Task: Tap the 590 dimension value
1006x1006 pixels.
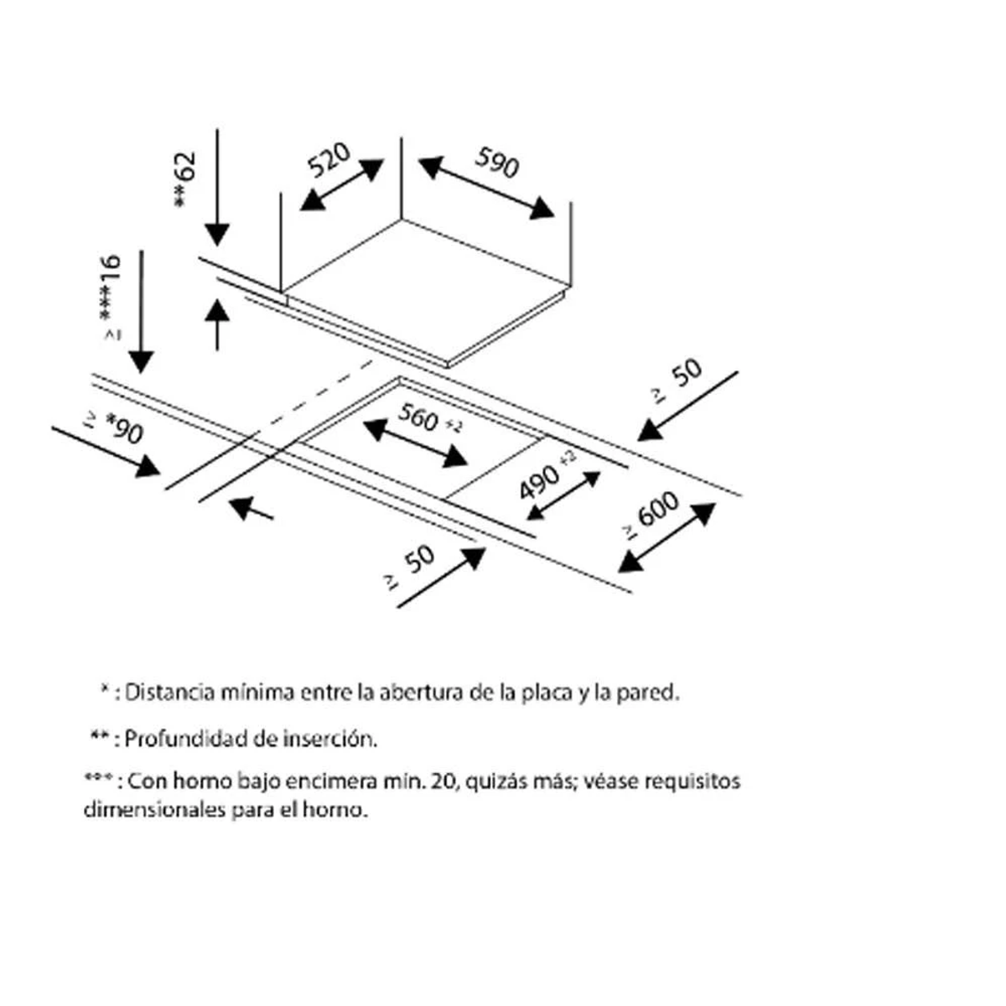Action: click(497, 163)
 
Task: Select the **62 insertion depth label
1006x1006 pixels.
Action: click(184, 179)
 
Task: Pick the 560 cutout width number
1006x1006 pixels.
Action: click(418, 417)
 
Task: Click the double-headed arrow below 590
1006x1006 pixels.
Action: click(486, 188)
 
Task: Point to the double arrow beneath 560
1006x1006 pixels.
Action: click(415, 443)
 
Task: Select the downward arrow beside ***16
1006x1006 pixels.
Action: click(141, 311)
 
